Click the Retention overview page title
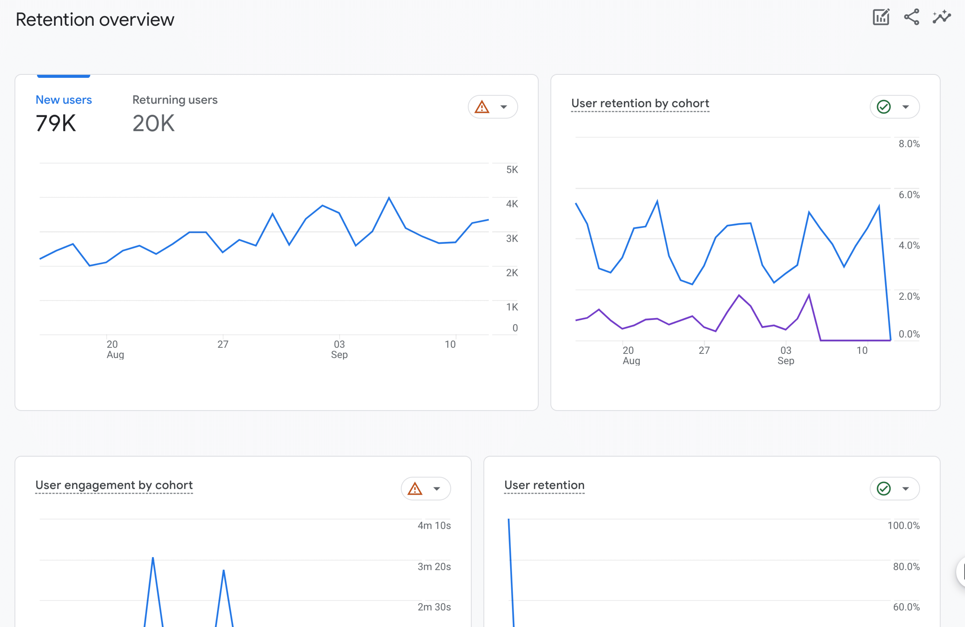(95, 19)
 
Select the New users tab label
(64, 100)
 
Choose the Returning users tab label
(175, 100)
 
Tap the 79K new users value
(56, 123)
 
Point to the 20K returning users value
(153, 123)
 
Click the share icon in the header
(911, 17)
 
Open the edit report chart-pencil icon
(881, 17)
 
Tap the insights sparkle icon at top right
(941, 17)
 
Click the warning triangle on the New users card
(482, 107)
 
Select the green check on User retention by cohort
(884, 107)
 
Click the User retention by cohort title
(640, 103)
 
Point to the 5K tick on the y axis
(512, 170)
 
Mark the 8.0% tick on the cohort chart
(909, 144)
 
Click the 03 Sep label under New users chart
(339, 349)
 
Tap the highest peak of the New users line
(389, 198)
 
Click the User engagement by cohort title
(114, 485)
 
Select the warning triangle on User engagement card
(415, 489)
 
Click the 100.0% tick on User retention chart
(903, 526)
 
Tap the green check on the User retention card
(884, 489)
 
